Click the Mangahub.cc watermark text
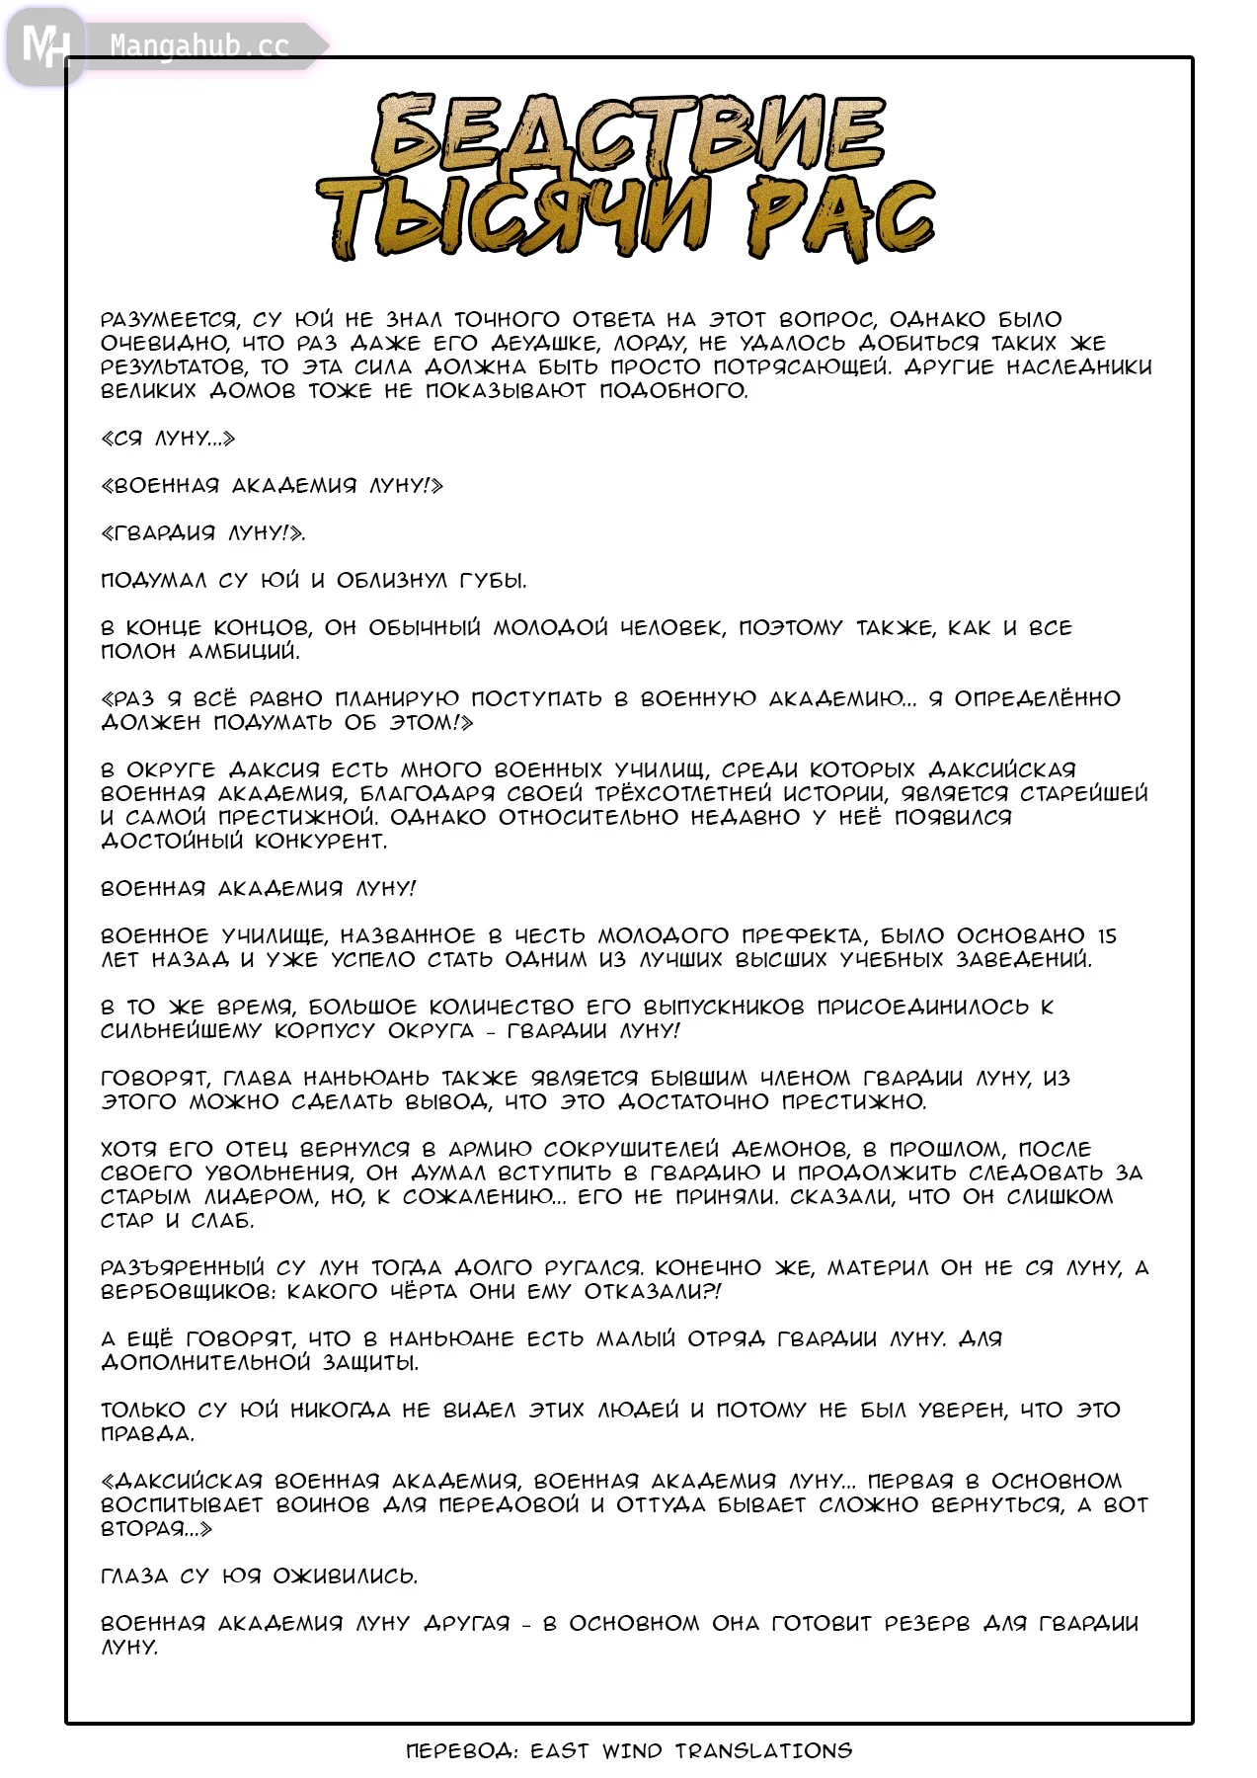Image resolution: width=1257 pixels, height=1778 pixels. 198,46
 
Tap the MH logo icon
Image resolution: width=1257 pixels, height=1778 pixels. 45,45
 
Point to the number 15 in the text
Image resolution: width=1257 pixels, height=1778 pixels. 1106,935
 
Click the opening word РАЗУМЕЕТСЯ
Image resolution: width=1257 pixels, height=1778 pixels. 169,320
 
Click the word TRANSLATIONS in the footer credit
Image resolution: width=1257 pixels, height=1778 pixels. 763,1751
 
